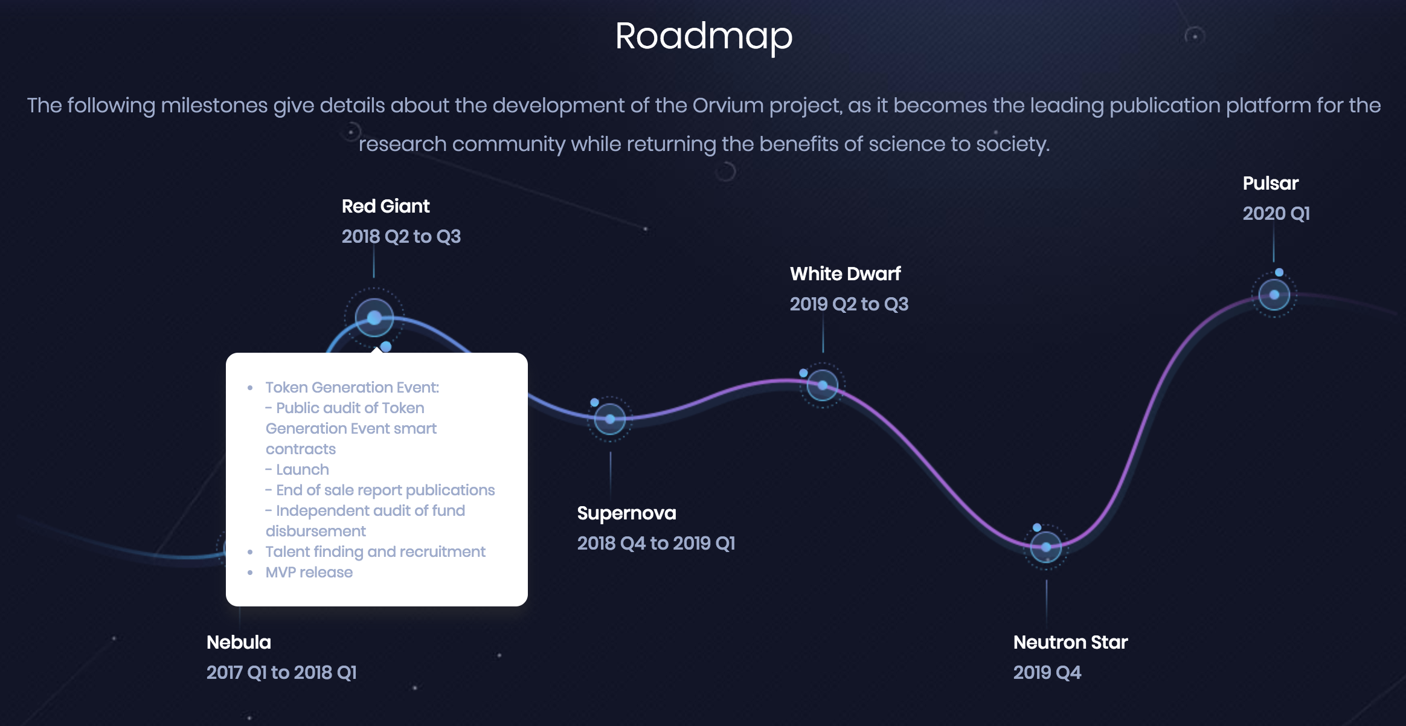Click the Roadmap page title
pos(703,36)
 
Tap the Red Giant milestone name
pos(385,207)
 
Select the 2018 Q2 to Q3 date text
pos(401,237)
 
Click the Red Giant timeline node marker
pos(374,318)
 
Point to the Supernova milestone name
pos(626,513)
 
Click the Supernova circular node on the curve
pos(610,419)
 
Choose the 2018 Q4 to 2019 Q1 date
pos(656,544)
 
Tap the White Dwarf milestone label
pos(845,274)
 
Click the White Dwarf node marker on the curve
pos(823,385)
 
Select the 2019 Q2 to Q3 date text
pos(849,304)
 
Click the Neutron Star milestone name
pos(1070,643)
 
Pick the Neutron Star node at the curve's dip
pos(1046,547)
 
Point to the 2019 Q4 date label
pos(1047,673)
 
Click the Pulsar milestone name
pos(1270,184)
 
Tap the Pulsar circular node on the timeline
pos(1274,295)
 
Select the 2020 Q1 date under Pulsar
pos(1276,214)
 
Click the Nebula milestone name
pos(239,643)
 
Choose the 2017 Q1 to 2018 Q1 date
pos(281,673)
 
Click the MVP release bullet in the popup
pos(309,573)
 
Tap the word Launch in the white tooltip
pos(302,470)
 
